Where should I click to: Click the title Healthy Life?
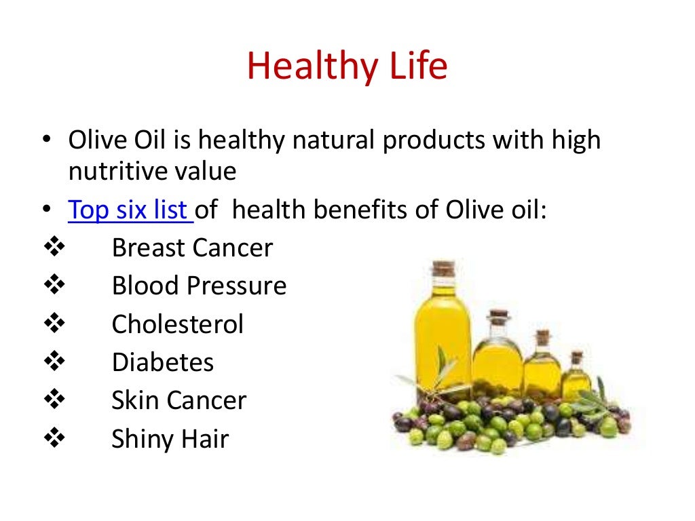tap(347, 67)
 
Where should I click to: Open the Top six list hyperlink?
tap(130, 210)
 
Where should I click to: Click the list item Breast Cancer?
tap(192, 248)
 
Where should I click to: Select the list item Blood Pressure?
tap(199, 286)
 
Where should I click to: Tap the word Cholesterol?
tap(177, 324)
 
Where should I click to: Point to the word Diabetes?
tap(163, 362)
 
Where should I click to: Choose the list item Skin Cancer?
tap(179, 400)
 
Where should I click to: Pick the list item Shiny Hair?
tap(170, 439)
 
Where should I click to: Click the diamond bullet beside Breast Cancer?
tap(52, 248)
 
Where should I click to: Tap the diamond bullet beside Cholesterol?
tap(52, 324)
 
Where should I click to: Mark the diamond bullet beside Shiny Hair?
tap(52, 439)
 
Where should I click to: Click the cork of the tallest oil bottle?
tap(443, 269)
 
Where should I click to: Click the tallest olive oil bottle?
tap(443, 332)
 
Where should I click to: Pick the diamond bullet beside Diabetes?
tap(52, 362)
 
